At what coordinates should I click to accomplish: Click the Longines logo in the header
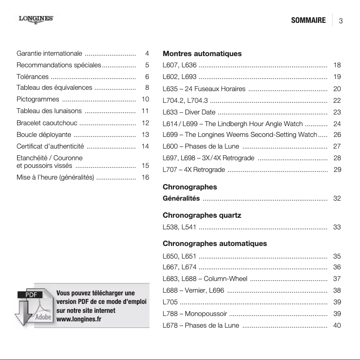click(36, 19)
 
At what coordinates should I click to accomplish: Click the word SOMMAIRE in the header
click(308, 21)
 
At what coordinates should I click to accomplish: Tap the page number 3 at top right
click(341, 21)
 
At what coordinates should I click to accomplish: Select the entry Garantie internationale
click(49, 54)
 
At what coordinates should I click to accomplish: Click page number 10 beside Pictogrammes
click(145, 99)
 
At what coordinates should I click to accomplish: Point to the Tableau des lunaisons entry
click(49, 111)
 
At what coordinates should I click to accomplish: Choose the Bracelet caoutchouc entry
click(47, 123)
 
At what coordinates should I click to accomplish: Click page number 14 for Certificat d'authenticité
click(145, 146)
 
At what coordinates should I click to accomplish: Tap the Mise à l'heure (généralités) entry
click(55, 178)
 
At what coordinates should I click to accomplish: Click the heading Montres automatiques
click(202, 54)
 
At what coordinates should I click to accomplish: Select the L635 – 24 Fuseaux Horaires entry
click(204, 89)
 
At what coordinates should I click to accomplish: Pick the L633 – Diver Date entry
click(189, 112)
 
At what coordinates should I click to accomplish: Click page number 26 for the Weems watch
click(338, 135)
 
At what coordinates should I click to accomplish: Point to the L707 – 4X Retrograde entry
click(194, 170)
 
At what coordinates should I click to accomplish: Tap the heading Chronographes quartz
click(202, 215)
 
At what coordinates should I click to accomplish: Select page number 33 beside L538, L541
click(338, 228)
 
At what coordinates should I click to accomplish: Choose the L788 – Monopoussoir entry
click(195, 314)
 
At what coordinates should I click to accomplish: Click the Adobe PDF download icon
click(35, 307)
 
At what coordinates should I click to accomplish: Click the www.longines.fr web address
click(79, 319)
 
